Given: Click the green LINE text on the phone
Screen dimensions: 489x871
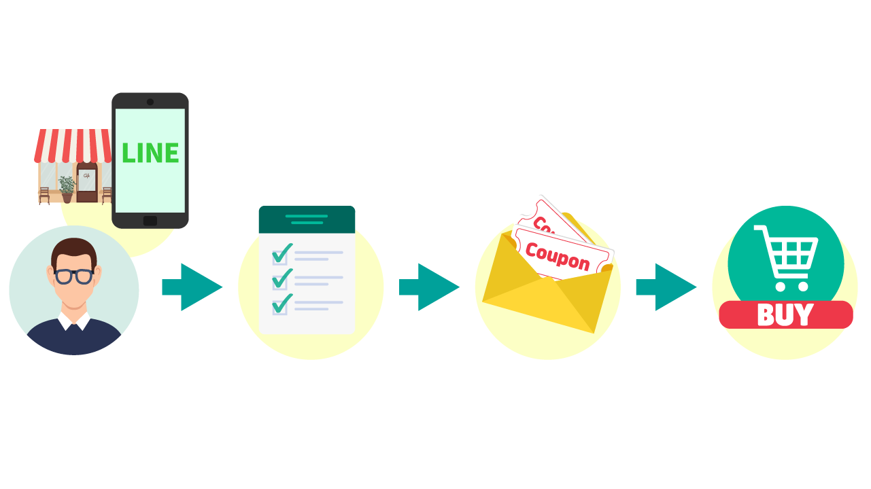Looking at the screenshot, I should [150, 153].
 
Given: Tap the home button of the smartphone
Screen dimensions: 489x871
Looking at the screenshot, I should [150, 221].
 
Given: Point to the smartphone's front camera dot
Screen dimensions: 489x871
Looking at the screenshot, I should [150, 102].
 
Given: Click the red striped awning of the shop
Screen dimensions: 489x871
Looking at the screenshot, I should [73, 145].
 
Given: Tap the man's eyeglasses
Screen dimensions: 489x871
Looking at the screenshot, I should [73, 276].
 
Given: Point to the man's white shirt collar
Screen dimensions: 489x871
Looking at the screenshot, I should [73, 323].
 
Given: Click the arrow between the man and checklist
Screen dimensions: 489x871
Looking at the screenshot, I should [192, 287].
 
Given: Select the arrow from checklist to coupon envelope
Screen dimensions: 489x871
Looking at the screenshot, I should [429, 287].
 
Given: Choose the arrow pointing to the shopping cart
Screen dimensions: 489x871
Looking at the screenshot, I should [666, 287].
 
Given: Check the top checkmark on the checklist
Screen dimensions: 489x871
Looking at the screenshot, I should [281, 253].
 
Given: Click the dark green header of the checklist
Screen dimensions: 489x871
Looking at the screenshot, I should [307, 219].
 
